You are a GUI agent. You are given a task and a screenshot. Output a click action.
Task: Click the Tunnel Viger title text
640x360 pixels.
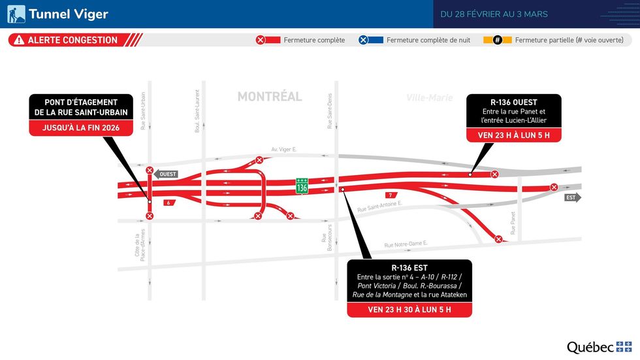(68, 14)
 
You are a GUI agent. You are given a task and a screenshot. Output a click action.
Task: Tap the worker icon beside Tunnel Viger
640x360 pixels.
(16, 14)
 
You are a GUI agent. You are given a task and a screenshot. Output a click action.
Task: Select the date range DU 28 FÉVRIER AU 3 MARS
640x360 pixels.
(494, 14)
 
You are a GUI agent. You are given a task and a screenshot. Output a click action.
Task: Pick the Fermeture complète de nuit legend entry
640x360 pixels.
(428, 41)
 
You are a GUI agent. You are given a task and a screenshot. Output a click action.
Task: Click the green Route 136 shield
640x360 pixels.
(302, 186)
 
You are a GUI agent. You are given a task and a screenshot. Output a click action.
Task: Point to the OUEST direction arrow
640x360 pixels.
(167, 174)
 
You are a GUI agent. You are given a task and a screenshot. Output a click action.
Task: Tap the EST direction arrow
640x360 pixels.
(572, 197)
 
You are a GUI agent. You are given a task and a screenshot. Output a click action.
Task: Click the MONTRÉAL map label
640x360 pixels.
(270, 97)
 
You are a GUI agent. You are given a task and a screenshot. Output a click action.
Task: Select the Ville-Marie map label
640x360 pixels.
(430, 98)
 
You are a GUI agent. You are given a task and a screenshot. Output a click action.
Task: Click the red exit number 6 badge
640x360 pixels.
(168, 203)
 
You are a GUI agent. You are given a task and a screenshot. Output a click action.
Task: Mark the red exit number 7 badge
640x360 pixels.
(390, 195)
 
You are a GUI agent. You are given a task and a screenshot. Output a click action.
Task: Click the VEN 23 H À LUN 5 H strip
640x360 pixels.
(513, 135)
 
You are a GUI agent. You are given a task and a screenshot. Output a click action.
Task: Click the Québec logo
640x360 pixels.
(599, 347)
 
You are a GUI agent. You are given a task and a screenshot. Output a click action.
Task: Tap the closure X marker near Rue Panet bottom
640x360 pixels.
(498, 239)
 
